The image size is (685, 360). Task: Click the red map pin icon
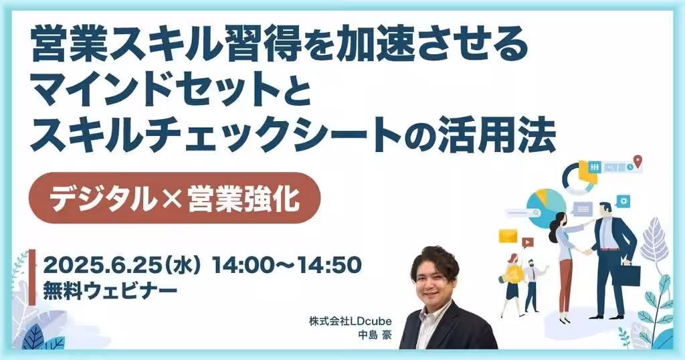tap(638, 161)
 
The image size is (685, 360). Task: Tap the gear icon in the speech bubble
tap(623, 201)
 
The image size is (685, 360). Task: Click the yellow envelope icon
tap(508, 236)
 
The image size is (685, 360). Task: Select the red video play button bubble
tap(527, 242)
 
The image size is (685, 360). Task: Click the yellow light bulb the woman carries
tap(513, 274)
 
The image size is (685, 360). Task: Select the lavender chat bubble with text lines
tap(583, 209)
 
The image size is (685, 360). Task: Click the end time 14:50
tap(329, 265)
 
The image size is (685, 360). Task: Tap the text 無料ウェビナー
tap(110, 290)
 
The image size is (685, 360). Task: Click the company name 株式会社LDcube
tap(351, 321)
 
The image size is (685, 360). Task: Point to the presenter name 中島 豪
tap(375, 335)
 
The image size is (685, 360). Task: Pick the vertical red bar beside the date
tap(32, 277)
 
